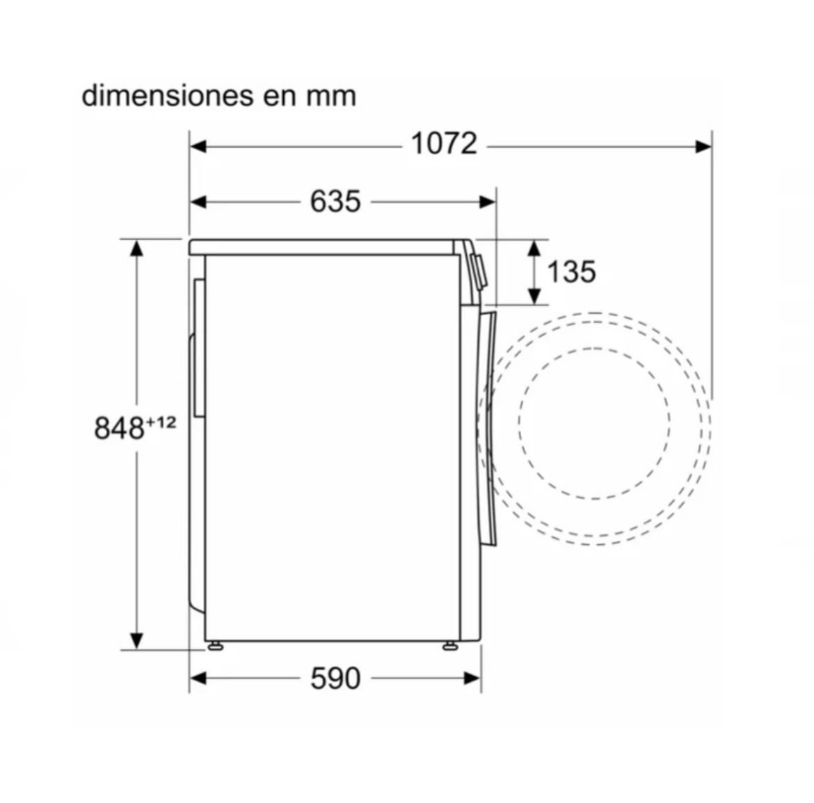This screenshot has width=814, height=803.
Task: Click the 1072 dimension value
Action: point(444,143)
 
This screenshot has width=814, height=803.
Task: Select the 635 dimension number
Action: point(335,201)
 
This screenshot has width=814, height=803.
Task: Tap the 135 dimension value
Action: point(572,271)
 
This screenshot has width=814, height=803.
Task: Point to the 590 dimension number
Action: point(335,678)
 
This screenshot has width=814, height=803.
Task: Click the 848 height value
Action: point(119,429)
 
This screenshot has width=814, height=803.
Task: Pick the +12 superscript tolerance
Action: point(161,422)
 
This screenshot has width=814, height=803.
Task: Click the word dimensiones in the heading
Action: point(168,95)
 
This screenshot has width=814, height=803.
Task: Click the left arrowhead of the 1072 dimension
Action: point(198,147)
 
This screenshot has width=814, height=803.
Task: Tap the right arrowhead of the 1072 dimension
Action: point(703,147)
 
